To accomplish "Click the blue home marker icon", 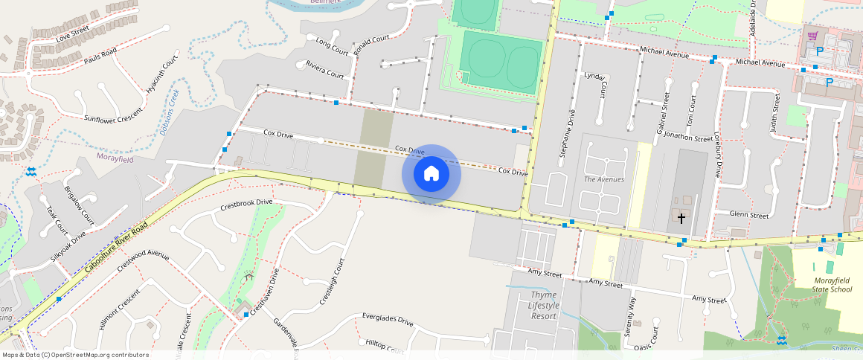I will click(431, 175).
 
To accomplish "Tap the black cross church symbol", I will click(681, 218).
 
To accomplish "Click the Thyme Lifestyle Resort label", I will click(543, 306).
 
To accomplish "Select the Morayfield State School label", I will click(822, 284).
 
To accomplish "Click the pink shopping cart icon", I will click(812, 36).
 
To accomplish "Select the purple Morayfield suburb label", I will click(115, 157).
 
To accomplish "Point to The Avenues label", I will click(604, 179).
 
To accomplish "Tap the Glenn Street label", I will click(749, 215).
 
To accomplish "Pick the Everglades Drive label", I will click(388, 320).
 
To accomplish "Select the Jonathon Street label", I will click(687, 138).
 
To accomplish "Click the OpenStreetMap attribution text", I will click(75, 355).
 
